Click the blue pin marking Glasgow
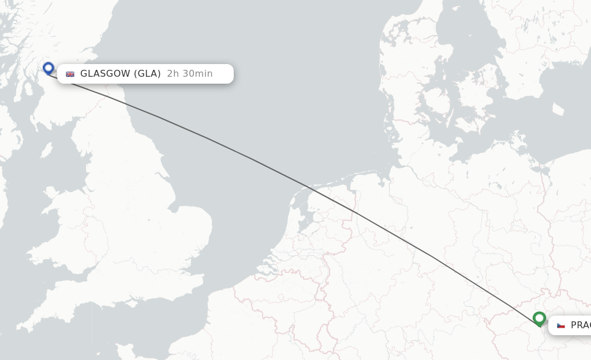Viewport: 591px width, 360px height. tap(48, 68)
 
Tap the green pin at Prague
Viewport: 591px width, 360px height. tap(539, 318)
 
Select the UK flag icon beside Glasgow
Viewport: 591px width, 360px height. tap(70, 74)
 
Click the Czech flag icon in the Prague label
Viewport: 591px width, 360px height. tap(560, 325)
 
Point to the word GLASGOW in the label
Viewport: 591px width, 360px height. tap(105, 74)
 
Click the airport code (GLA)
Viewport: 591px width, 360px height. tap(147, 74)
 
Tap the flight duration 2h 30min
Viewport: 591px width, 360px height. tap(190, 74)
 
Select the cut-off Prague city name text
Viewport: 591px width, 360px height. tap(580, 325)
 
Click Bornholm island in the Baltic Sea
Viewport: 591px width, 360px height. tap(558, 110)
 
